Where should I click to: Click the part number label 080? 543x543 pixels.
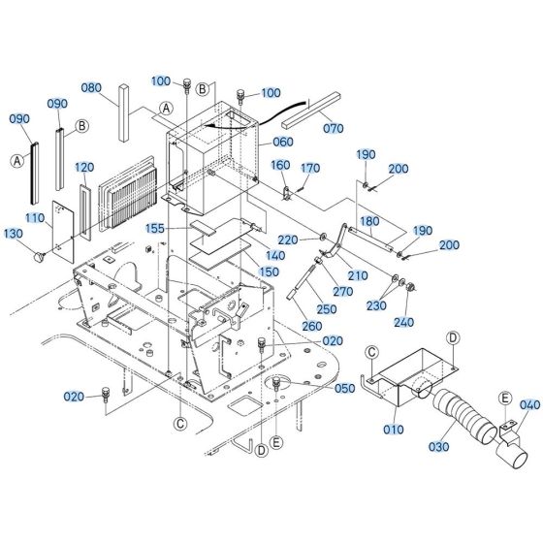pos(91,85)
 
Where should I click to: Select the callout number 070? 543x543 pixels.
pos(333,126)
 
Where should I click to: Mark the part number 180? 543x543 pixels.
pos(369,222)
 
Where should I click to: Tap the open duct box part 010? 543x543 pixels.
pos(407,372)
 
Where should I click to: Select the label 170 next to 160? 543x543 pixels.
pos(311,169)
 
